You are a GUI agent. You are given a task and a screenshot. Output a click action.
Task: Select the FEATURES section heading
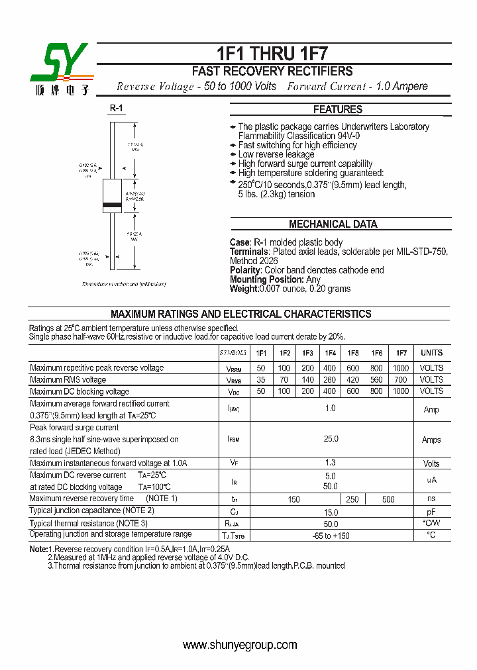pyautogui.click(x=337, y=110)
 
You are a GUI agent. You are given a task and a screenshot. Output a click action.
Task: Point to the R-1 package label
pyautogui.click(x=116, y=108)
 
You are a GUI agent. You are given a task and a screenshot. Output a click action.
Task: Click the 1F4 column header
pyautogui.click(x=329, y=354)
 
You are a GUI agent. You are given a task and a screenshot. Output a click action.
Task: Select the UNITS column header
pyautogui.click(x=431, y=354)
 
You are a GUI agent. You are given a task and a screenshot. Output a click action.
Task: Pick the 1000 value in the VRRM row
pyautogui.click(x=401, y=368)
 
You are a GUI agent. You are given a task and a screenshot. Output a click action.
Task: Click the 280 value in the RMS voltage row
pyautogui.click(x=329, y=380)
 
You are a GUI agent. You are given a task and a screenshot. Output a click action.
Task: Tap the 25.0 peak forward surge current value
pyautogui.click(x=331, y=439)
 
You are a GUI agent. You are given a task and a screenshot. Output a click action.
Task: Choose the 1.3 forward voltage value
pyautogui.click(x=331, y=463)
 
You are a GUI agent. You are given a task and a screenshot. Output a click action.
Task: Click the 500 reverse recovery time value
pyautogui.click(x=388, y=500)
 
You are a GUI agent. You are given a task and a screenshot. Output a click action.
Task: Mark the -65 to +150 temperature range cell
pyautogui.click(x=331, y=535)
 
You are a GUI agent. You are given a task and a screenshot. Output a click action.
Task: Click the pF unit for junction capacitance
pyautogui.click(x=431, y=512)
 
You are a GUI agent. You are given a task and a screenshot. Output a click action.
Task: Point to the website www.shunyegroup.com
pyautogui.click(x=239, y=646)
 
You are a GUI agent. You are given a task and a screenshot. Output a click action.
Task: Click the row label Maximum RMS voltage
pyautogui.click(x=68, y=380)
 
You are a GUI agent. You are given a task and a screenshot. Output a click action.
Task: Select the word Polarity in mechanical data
pyautogui.click(x=244, y=270)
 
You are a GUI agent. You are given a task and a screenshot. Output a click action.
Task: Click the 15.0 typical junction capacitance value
pyautogui.click(x=331, y=512)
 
